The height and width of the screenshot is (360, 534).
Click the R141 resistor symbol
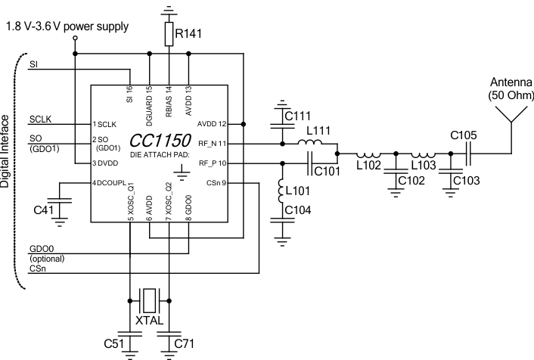click(168, 33)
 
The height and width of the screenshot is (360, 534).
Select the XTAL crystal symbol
click(151, 301)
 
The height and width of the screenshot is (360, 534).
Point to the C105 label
click(463, 136)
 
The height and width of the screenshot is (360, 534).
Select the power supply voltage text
click(67, 26)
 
